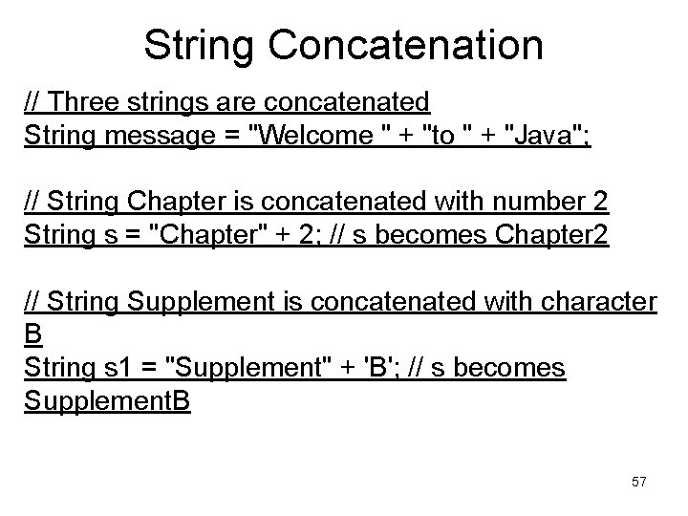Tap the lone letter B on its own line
click(x=32, y=335)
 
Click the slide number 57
click(x=638, y=482)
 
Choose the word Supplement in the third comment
click(x=197, y=303)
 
